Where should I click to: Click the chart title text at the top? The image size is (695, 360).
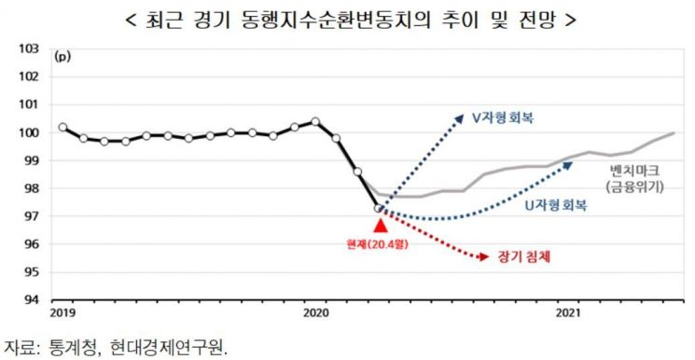click(x=347, y=18)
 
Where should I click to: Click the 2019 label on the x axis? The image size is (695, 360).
click(x=63, y=312)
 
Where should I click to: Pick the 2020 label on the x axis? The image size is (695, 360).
click(x=315, y=312)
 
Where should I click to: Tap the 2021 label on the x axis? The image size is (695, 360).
click(x=568, y=312)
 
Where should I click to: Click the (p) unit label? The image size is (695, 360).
click(x=63, y=56)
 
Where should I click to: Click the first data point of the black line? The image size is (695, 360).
click(x=63, y=127)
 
